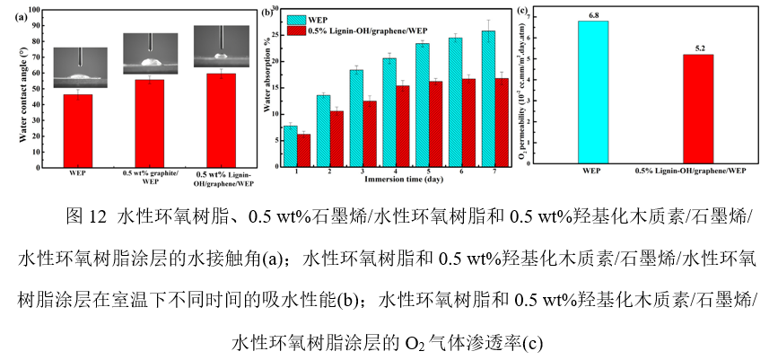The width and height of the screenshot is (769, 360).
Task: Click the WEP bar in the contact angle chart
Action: tap(78, 130)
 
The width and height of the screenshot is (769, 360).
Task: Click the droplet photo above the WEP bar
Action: tap(80, 67)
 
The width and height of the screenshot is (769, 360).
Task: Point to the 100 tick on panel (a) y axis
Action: tap(36, 10)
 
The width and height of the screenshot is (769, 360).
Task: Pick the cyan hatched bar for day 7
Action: tap(488, 98)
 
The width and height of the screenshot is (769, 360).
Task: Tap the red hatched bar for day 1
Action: tap(303, 149)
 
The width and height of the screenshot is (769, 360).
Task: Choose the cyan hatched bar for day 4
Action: tap(389, 111)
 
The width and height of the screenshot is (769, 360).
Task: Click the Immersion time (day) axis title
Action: tap(389, 180)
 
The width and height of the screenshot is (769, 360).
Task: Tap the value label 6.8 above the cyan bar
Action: tap(592, 15)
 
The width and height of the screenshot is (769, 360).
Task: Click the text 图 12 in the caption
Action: tap(87, 216)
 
